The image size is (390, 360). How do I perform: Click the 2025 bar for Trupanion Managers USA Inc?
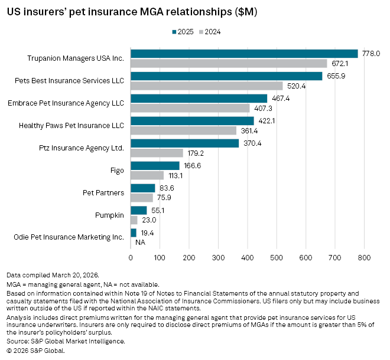click(244, 54)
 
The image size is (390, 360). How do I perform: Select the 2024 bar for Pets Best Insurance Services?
click(206, 86)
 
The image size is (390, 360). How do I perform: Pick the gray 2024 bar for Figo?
click(147, 175)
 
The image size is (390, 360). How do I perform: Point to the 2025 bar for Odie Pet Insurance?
click(133, 233)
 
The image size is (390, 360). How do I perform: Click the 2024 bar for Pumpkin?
click(134, 220)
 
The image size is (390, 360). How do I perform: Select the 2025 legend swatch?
click(175, 32)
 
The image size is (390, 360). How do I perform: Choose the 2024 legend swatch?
click(200, 32)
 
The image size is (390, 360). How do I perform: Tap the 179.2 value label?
click(194, 153)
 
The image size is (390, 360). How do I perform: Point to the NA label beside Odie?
click(140, 243)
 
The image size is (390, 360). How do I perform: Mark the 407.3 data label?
click(262, 108)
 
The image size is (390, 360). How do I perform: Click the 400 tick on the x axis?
click(247, 258)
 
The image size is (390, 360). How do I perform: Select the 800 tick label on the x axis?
click(363, 258)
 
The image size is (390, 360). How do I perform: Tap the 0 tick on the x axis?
click(131, 258)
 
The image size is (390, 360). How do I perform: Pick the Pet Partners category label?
click(103, 193)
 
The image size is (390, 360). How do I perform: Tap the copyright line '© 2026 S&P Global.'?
click(35, 350)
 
